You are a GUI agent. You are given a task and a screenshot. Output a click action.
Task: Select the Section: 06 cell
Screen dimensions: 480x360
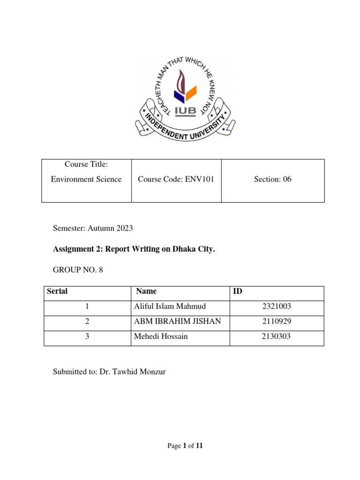(x=272, y=179)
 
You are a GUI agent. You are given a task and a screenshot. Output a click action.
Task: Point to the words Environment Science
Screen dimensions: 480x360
(x=86, y=179)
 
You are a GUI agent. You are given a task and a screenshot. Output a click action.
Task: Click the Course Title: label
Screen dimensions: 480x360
(x=86, y=165)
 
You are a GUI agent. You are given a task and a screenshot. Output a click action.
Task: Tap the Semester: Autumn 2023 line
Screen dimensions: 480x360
(x=93, y=228)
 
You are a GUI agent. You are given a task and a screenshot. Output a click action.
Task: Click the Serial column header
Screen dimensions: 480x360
(x=57, y=291)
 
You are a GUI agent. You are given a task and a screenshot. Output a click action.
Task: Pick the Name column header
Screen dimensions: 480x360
(x=146, y=291)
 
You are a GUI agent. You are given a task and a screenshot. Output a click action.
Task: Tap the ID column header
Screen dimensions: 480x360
(x=238, y=291)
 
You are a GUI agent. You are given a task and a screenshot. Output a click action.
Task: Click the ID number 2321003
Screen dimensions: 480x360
(x=277, y=307)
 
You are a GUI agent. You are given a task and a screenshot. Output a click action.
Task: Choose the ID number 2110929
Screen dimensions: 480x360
(x=277, y=322)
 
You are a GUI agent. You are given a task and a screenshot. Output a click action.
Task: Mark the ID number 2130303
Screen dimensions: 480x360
(x=277, y=337)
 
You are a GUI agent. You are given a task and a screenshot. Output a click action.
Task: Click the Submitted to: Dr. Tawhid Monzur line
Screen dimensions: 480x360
(x=109, y=372)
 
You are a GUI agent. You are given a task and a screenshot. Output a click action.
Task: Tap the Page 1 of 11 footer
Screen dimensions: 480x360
(x=185, y=446)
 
